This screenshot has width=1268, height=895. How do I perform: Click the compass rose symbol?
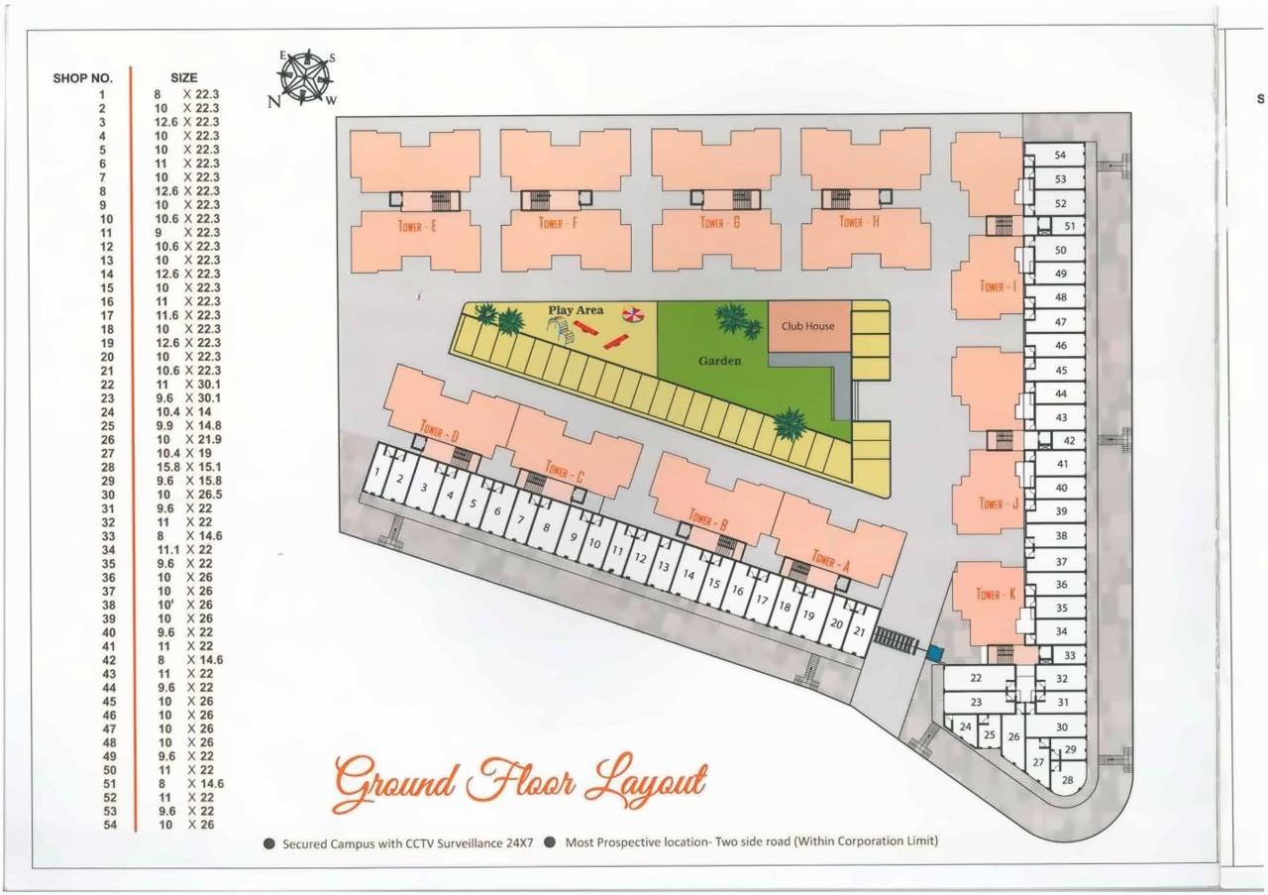(x=306, y=76)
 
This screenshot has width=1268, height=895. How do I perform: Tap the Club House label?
(x=807, y=326)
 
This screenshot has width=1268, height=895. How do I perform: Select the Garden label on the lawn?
(x=719, y=361)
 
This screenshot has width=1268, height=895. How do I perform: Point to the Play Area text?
(x=576, y=310)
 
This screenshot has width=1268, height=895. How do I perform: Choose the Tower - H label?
(x=859, y=222)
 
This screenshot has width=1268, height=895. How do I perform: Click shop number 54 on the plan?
(x=1060, y=156)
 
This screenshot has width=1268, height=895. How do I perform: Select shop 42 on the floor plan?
(x=1069, y=440)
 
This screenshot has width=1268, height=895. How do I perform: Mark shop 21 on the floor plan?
(x=859, y=631)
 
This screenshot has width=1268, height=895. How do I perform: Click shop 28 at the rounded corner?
(x=1066, y=780)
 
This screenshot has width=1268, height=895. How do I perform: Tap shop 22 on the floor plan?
(x=976, y=678)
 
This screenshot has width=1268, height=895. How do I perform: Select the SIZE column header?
(x=183, y=77)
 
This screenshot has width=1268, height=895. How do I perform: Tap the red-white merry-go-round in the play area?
(x=632, y=315)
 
